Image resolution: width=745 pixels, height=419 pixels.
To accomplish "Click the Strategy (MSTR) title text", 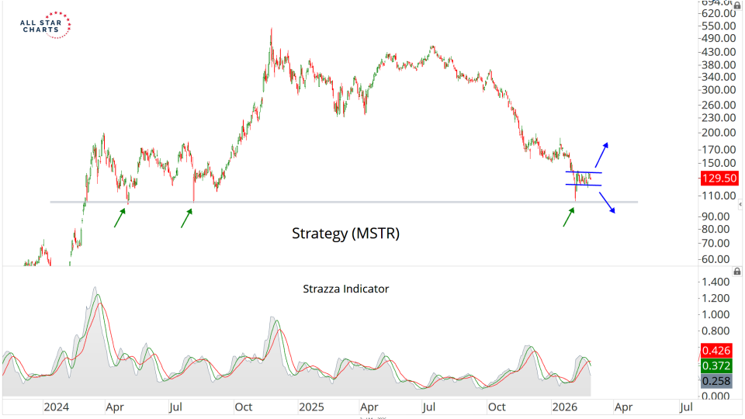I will pyautogui.click(x=345, y=233).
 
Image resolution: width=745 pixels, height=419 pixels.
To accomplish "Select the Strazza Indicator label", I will pyautogui.click(x=345, y=289).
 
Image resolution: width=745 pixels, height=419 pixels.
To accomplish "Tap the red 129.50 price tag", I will pyautogui.click(x=718, y=178).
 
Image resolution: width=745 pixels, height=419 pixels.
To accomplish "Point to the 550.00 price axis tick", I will pyautogui.click(x=718, y=26).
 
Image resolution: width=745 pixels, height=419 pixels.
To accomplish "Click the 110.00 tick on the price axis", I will pyautogui.click(x=718, y=196).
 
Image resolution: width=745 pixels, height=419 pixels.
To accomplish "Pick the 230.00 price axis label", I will pyautogui.click(x=718, y=118).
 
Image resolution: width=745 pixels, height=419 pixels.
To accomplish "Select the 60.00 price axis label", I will pyautogui.click(x=718, y=259).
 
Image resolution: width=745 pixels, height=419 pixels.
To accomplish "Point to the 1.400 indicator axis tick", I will pyautogui.click(x=718, y=282).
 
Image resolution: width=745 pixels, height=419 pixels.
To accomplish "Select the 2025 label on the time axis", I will pyautogui.click(x=311, y=407).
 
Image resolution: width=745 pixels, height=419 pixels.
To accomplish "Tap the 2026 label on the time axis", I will pyautogui.click(x=565, y=407).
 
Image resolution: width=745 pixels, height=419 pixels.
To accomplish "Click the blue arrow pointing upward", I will pyautogui.click(x=602, y=154).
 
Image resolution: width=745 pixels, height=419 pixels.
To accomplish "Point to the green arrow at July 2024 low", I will pyautogui.click(x=186, y=217).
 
